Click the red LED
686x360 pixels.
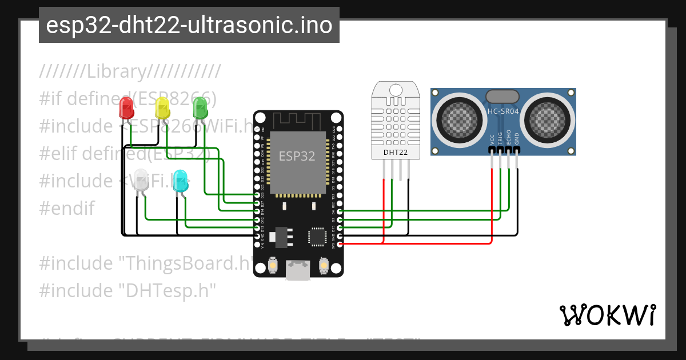click(126, 107)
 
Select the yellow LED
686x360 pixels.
click(162, 107)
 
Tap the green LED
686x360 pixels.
click(200, 107)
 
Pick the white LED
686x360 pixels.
click(141, 181)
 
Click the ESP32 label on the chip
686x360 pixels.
click(297, 156)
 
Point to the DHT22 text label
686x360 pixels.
click(395, 152)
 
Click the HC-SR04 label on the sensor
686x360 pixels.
click(503, 111)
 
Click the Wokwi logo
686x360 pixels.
click(607, 315)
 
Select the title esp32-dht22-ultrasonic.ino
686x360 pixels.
click(189, 25)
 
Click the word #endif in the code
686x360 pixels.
click(67, 208)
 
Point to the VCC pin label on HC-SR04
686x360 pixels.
click(492, 139)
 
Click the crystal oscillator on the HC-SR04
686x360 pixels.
click(502, 96)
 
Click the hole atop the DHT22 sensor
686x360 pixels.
click(395, 89)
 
